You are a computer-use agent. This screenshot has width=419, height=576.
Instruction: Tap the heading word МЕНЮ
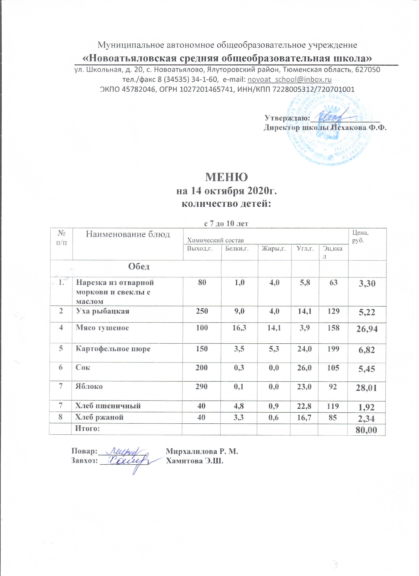click(x=226, y=177)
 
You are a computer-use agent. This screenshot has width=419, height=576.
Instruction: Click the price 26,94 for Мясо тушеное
click(x=367, y=329)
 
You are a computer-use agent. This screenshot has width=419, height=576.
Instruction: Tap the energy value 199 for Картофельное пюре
click(x=333, y=349)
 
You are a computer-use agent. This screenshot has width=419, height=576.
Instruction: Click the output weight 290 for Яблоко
click(x=202, y=386)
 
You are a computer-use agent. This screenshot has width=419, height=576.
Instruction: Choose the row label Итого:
click(x=87, y=428)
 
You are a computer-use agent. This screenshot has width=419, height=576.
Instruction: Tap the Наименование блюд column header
click(x=128, y=234)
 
